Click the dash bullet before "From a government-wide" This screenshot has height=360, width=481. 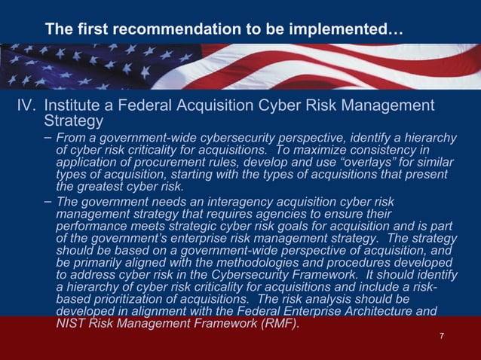coord(48,138)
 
